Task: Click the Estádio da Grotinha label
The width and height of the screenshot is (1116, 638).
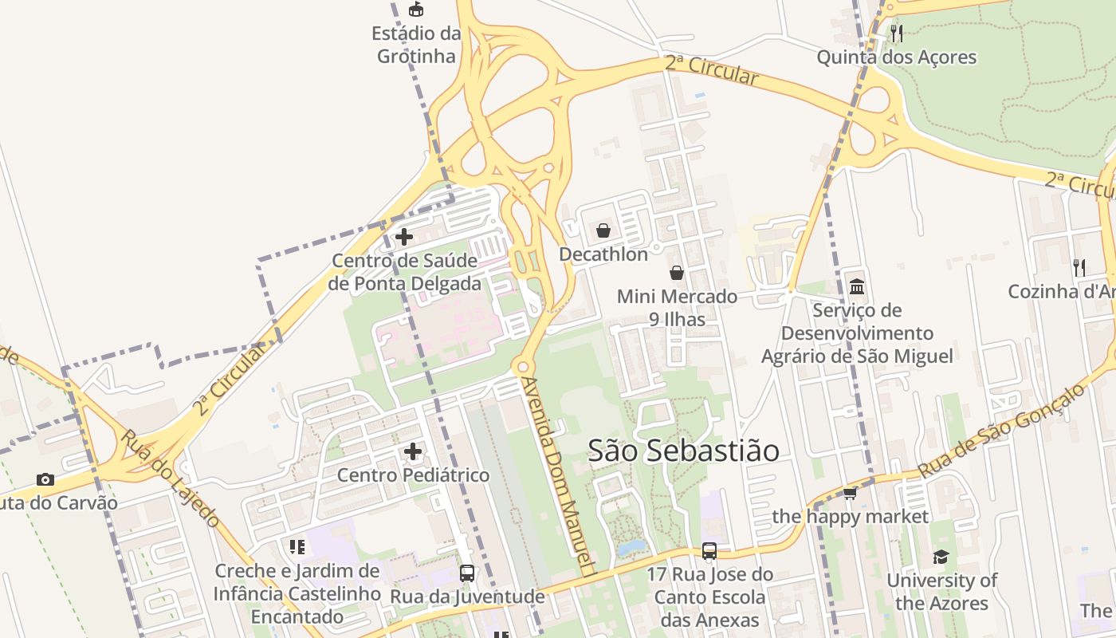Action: [416, 45]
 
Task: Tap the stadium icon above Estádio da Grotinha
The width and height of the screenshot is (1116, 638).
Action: [416, 10]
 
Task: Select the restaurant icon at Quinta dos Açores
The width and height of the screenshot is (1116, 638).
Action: [897, 33]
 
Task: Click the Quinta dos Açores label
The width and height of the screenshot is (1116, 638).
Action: [897, 57]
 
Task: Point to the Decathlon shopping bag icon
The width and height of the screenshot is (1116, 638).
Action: [603, 230]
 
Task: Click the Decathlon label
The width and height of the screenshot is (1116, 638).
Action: [603, 254]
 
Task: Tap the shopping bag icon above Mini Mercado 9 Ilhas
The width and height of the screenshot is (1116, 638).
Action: [677, 273]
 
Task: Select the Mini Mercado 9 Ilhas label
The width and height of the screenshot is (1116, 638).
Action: [677, 308]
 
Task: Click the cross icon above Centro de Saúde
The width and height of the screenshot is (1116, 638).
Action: [404, 237]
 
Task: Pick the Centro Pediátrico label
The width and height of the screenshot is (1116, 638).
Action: [413, 475]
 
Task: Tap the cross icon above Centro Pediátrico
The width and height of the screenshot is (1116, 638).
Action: [413, 451]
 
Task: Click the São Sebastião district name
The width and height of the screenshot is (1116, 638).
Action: [683, 451]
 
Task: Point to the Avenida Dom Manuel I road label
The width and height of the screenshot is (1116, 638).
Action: [558, 475]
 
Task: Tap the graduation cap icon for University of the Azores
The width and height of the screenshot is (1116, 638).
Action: [941, 557]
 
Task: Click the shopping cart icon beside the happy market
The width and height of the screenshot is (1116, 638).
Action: [851, 494]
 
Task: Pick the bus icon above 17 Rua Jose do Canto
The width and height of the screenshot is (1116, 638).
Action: [709, 550]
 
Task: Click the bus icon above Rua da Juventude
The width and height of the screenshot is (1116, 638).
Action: [467, 573]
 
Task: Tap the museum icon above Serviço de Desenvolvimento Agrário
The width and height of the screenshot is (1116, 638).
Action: [857, 286]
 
